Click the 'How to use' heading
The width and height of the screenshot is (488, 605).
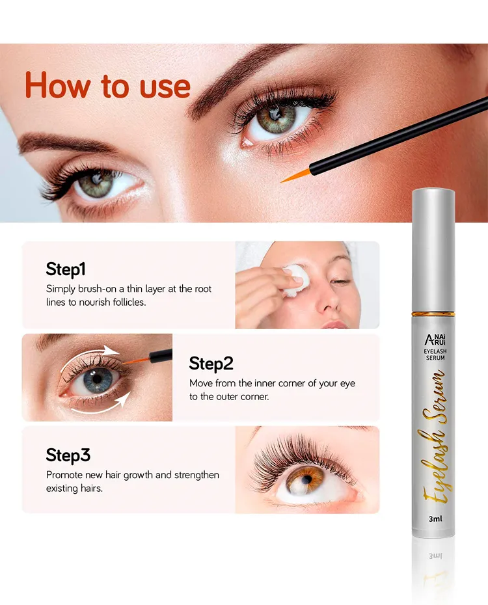click(107, 85)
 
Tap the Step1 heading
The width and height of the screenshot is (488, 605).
click(66, 269)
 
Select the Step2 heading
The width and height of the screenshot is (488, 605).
click(211, 364)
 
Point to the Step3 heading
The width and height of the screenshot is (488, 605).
click(68, 455)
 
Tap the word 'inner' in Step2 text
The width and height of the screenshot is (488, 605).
click(265, 383)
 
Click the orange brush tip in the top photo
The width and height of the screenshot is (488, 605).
click(295, 176)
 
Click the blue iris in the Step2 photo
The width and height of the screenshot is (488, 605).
click(97, 379)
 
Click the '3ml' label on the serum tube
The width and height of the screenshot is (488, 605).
click(435, 519)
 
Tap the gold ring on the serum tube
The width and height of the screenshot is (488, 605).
click(433, 314)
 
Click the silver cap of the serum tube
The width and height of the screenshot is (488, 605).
click(433, 250)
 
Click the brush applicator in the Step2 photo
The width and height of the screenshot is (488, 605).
click(147, 358)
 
